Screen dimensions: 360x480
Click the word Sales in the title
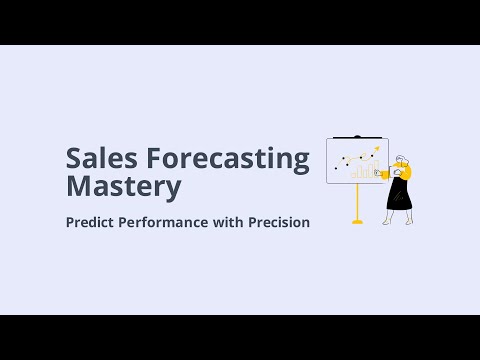pos(98,159)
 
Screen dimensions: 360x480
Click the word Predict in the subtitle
pos(91,222)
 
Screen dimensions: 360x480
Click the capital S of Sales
pos(73,159)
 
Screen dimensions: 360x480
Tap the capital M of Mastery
pos(76,186)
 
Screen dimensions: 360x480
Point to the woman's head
pos(402,160)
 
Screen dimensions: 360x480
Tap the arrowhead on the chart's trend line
pos(377,149)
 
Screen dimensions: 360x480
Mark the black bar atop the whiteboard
pos(357,137)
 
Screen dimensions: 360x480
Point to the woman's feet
pos(400,222)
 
